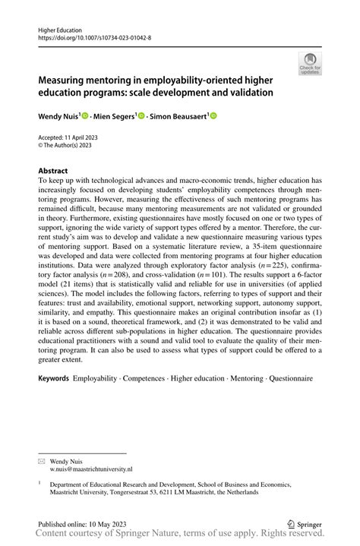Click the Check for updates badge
(x=311, y=64)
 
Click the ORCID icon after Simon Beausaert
(x=213, y=115)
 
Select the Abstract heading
(x=53, y=171)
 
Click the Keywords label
(x=54, y=377)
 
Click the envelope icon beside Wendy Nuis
(x=43, y=461)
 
